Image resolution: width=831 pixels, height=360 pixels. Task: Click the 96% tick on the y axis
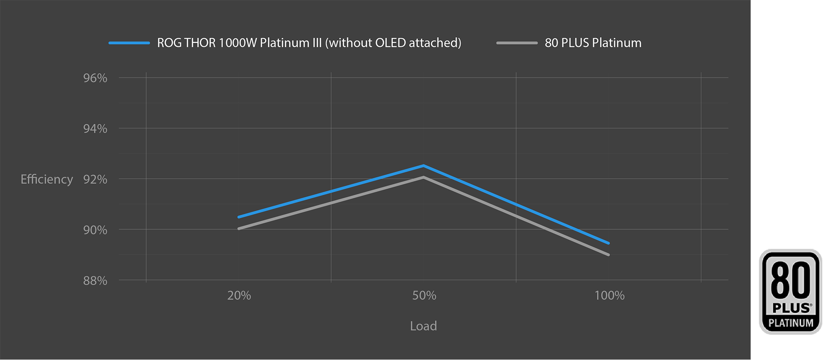[95, 78]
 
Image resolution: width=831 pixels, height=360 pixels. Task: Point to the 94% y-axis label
[95, 129]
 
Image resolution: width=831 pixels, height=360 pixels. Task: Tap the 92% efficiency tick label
[95, 179]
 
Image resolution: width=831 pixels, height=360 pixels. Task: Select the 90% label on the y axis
[95, 230]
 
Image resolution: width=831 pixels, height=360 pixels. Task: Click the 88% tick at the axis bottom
[95, 281]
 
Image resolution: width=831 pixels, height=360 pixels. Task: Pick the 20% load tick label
[239, 296]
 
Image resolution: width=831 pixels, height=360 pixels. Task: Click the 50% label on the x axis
[424, 296]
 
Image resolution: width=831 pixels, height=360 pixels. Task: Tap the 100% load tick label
[609, 296]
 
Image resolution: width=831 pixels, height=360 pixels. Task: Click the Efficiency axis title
[47, 179]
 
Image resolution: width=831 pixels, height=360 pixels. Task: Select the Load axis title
[423, 326]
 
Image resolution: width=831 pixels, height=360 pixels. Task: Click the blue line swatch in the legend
[129, 43]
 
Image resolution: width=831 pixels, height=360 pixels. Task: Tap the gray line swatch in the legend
[517, 43]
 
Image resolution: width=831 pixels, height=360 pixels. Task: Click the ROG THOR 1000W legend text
[309, 43]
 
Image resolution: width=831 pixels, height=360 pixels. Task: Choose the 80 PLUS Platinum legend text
[593, 43]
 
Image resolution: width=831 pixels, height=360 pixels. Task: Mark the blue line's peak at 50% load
[424, 166]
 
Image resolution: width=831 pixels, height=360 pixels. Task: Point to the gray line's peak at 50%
[424, 177]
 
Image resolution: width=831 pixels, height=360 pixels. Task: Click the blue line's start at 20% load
[239, 217]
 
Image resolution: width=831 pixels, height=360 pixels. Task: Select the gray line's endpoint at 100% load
[609, 254]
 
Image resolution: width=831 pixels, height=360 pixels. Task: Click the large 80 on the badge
[790, 280]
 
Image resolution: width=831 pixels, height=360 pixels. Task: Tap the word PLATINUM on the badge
[791, 323]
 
